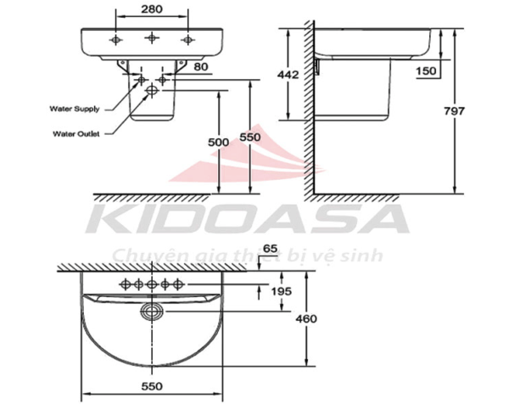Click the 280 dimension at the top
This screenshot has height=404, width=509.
pyautogui.click(x=152, y=9)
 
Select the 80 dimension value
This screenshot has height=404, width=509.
pyautogui.click(x=201, y=65)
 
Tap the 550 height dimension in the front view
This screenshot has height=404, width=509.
pyautogui.click(x=248, y=137)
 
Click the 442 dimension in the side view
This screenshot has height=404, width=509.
pyautogui.click(x=289, y=75)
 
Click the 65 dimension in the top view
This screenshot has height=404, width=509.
pyautogui.click(x=271, y=248)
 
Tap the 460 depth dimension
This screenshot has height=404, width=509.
pyautogui.click(x=307, y=319)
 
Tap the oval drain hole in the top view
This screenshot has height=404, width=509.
pyautogui.click(x=153, y=311)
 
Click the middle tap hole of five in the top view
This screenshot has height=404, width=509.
pyautogui.click(x=153, y=283)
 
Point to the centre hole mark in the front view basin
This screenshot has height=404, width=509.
pyautogui.click(x=152, y=38)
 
